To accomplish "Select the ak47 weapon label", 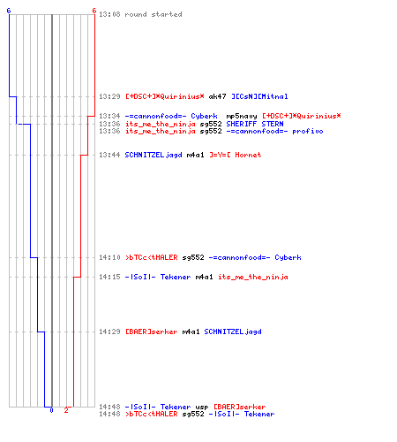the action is pos(217,96).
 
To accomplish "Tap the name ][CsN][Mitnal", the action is pos(259,96).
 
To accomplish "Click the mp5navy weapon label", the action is pos(242,117).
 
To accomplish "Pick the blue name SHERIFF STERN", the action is pos(255,124).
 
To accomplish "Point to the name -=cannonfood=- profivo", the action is pos(274,131).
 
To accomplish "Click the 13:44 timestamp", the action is pos(109,155).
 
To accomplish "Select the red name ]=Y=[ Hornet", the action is pos(236,155).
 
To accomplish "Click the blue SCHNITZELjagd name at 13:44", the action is pos(154,155).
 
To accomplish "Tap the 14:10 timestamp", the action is pos(109,257).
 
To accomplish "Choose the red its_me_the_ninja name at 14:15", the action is pos(253,277).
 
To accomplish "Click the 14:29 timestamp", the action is pos(109,331).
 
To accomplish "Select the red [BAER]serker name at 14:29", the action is pos(152,331).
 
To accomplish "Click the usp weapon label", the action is pos(202,408).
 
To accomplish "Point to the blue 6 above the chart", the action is pos(9,11).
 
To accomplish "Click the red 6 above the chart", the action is pos(94,11).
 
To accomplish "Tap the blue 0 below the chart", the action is pos(51,410).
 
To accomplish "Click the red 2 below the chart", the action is pos(66,410).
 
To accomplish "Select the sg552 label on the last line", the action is pos(193,414).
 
